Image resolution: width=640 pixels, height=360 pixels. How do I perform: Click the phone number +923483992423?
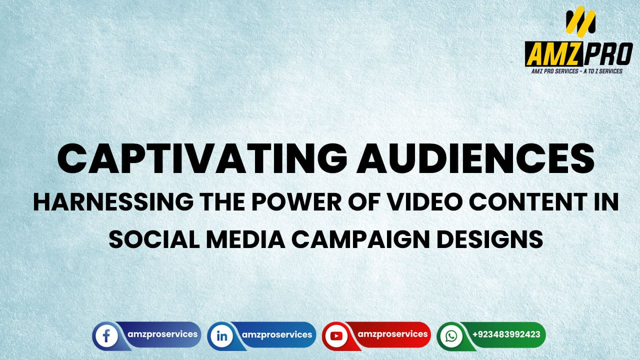[x=506, y=334]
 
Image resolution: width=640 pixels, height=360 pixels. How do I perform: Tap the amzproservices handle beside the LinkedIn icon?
[x=277, y=334]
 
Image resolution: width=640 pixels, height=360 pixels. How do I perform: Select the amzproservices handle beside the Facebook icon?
[x=162, y=334]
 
